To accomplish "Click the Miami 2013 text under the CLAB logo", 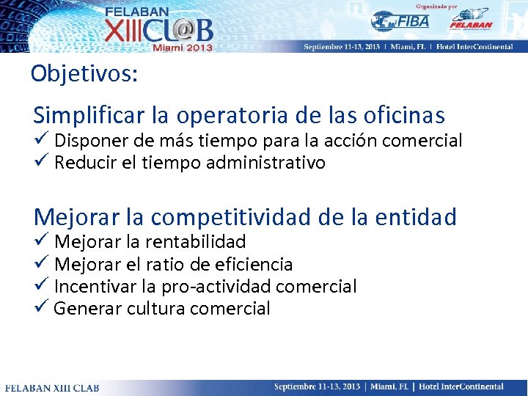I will coord(182,47).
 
